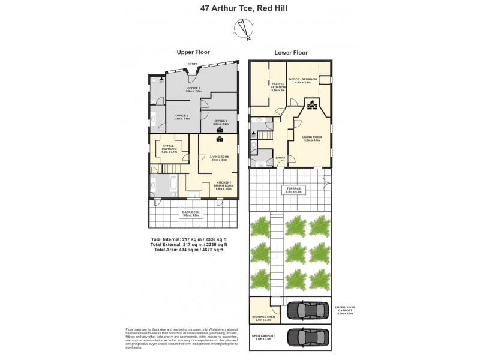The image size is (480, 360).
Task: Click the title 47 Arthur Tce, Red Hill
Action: tap(240, 9)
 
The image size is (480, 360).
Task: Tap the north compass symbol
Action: tap(245, 28)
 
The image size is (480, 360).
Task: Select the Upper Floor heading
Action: tap(193, 53)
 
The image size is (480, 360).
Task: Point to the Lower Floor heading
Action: tap(291, 53)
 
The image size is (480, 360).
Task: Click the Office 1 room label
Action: tap(193, 90)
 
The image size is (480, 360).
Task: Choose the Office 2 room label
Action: tap(181, 117)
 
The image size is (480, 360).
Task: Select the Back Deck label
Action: tap(193, 213)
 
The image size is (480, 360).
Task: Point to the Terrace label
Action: tap(293, 190)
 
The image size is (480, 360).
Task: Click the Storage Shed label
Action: tap(265, 319)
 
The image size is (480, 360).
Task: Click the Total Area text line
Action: tap(188, 250)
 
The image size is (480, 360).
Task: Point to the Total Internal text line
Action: tap(188, 239)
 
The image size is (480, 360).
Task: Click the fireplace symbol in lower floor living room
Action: tap(312, 106)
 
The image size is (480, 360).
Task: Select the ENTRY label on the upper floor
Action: tap(193, 64)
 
